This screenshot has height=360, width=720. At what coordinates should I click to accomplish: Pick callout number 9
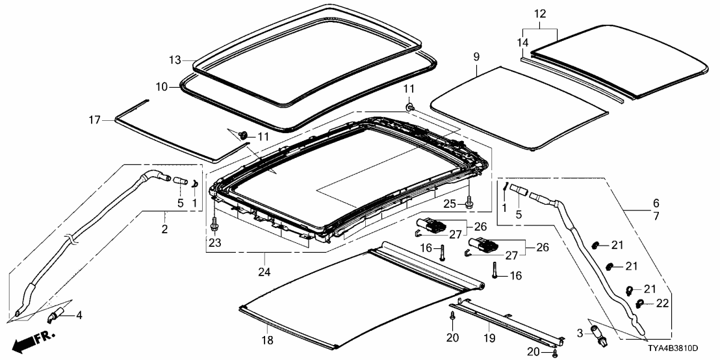[476, 58]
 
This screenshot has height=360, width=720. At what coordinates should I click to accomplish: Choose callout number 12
[541, 14]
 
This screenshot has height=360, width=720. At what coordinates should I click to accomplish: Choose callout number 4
[79, 316]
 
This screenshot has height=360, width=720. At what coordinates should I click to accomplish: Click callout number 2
[164, 229]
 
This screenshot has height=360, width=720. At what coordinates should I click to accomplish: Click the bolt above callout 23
[214, 225]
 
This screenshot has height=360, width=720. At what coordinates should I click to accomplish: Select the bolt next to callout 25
[470, 204]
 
